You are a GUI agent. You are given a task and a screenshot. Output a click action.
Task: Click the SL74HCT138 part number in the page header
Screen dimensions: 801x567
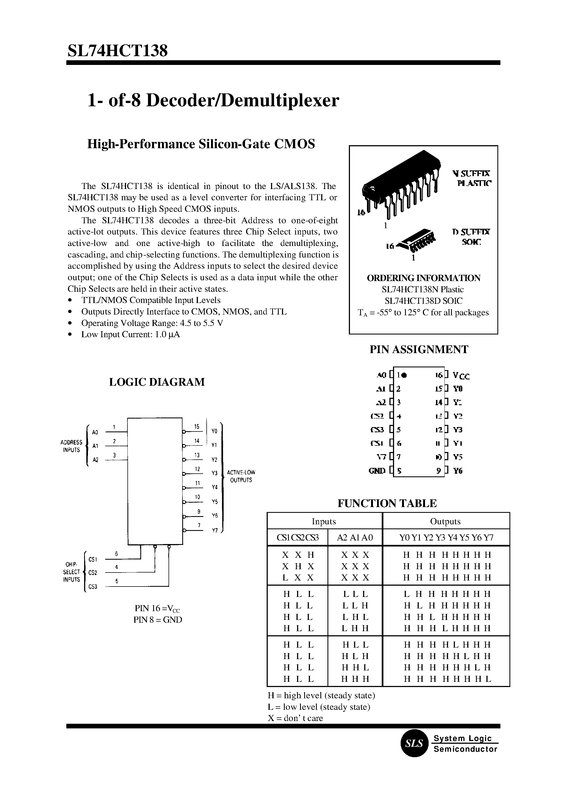tap(117, 51)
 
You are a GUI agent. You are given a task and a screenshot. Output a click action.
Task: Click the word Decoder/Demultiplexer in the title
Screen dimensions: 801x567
tap(242, 101)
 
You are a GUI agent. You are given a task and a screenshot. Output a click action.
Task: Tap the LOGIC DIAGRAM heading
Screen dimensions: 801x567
tap(157, 382)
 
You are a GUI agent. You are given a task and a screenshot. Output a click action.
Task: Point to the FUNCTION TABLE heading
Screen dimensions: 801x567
tap(387, 503)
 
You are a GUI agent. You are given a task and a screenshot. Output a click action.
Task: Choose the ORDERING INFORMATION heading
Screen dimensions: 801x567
tap(423, 278)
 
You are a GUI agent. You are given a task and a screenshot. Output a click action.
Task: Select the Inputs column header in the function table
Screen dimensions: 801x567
tap(324, 521)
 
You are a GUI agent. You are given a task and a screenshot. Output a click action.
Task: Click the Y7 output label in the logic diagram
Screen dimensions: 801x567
tap(215, 531)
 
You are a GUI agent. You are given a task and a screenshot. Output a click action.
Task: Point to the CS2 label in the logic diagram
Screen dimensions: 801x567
tap(93, 573)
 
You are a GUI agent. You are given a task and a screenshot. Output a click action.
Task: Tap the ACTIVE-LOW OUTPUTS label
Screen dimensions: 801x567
tap(241, 476)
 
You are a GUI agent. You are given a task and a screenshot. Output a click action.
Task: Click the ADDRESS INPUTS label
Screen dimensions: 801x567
tap(71, 446)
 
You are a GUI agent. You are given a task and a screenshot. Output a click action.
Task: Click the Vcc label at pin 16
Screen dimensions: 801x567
tap(461, 376)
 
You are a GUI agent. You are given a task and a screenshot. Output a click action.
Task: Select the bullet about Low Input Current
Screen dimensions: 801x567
tap(130, 334)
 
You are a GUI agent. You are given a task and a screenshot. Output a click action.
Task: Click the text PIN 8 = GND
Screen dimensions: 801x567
tap(158, 620)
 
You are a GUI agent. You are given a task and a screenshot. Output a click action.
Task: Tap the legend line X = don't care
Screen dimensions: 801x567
tap(295, 718)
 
